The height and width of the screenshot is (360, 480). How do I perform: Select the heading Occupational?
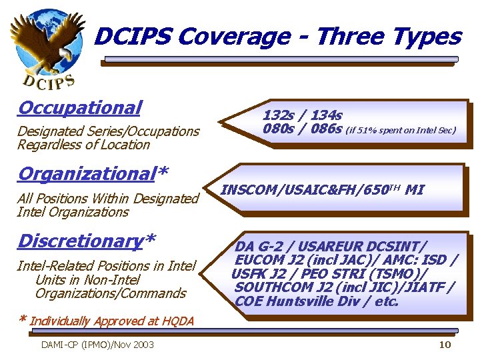80,107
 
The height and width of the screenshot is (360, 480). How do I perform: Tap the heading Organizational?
87,174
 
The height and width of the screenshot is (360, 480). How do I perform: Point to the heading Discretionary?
81,241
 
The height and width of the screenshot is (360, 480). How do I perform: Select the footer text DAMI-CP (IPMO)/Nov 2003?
97,344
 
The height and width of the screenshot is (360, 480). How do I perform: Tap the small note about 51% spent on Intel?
401,131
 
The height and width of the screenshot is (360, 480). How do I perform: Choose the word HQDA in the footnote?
177,321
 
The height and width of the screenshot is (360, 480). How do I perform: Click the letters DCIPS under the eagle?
48,81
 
